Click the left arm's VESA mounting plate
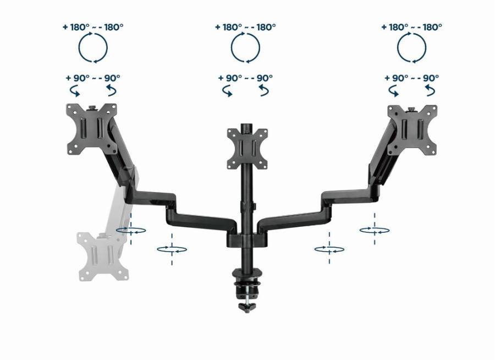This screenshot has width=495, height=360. pos(91,129)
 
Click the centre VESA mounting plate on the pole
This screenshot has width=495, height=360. pos(248,149)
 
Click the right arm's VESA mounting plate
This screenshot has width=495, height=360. pos(413,130)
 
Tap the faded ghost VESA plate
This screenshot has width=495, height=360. pos(103,257)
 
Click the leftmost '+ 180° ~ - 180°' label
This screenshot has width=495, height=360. pos(93,27)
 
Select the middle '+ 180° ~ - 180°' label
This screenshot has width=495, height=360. pos(245,27)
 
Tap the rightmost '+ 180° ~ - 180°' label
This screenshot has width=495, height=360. pos(411,27)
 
